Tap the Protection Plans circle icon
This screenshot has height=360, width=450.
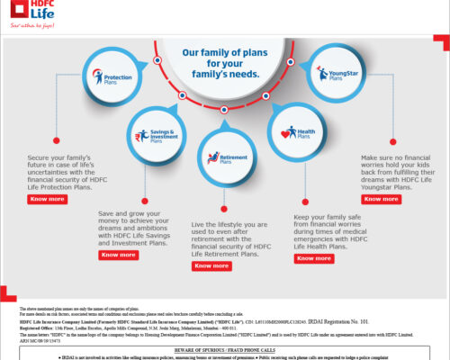[107, 77]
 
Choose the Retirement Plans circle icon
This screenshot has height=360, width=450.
[222, 157]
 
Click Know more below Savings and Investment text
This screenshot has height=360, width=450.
[118, 255]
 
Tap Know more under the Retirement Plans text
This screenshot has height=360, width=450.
[211, 265]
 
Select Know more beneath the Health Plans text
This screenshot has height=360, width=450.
[314, 258]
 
